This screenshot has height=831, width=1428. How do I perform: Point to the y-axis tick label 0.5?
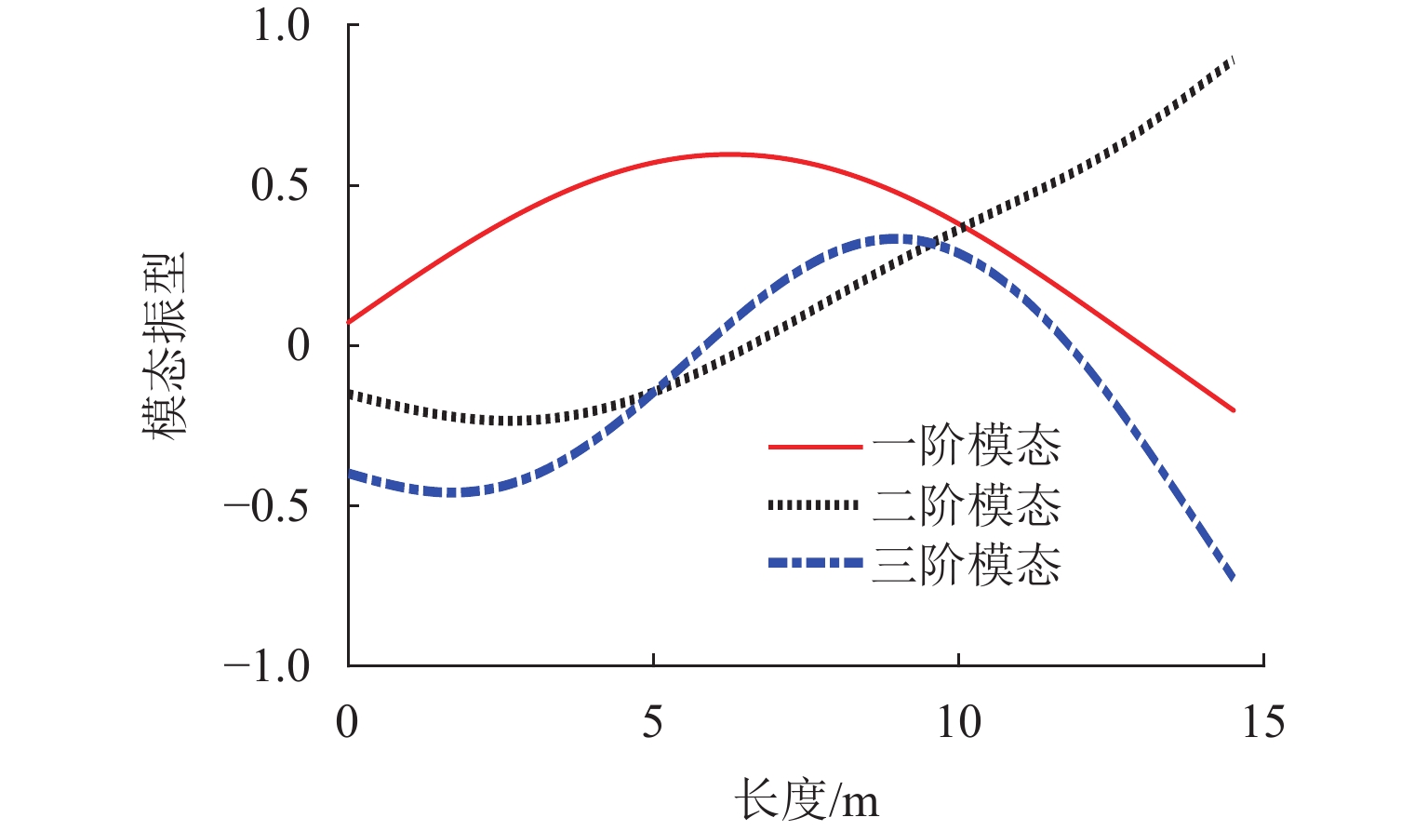280,185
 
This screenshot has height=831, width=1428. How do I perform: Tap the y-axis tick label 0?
299,346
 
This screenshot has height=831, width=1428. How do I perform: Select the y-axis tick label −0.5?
266,506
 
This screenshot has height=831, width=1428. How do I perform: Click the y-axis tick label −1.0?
266,666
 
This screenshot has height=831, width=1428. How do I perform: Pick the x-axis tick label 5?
653,722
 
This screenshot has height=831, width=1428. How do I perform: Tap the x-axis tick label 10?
958,722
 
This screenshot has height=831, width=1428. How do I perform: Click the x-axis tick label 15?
1263,722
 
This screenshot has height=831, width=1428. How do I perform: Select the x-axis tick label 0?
347,722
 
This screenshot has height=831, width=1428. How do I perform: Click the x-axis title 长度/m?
806,799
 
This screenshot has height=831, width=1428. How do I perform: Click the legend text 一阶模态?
967,447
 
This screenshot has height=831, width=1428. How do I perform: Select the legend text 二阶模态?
967,505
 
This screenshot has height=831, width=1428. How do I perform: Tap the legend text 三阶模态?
967,564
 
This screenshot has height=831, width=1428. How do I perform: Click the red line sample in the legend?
815,448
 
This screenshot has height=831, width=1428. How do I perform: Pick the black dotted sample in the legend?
815,505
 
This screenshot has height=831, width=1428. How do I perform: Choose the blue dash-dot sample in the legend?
815,563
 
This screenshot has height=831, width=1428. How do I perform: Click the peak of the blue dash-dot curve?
893,239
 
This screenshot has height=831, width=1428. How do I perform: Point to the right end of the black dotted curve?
1233,60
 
